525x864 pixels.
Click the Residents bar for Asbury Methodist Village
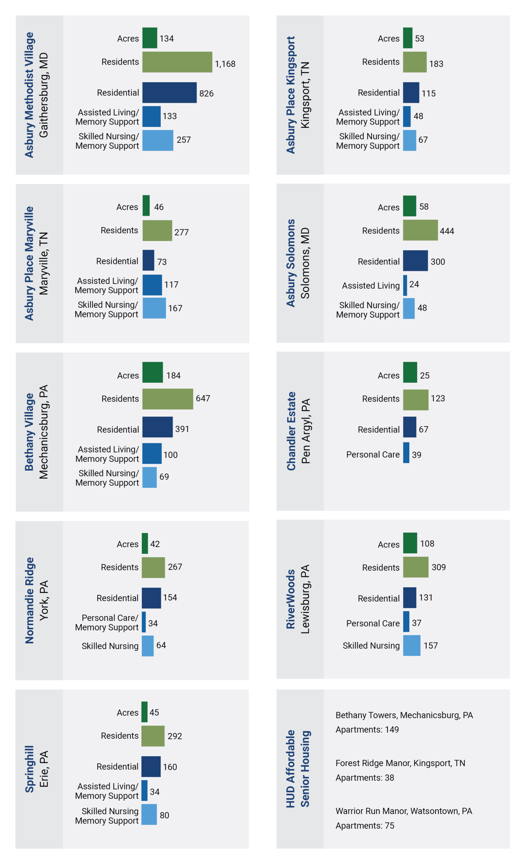point(177,62)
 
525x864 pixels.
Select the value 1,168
point(225,64)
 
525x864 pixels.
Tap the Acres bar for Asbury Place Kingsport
point(407,38)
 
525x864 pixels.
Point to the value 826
point(206,93)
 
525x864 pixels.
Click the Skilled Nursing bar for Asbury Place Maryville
point(154,308)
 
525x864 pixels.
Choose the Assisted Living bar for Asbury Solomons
point(405,285)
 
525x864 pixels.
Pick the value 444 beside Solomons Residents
point(447,231)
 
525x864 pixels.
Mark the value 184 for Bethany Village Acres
point(173,376)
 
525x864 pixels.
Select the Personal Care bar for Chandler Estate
point(406,453)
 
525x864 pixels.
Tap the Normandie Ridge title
point(29,600)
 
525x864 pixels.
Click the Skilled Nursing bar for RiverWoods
point(411,646)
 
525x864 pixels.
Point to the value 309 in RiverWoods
point(438,567)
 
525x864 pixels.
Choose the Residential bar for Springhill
point(151,766)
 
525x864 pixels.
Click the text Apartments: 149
point(367,730)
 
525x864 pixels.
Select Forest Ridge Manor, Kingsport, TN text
point(400,763)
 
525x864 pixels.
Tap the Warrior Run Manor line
point(404,811)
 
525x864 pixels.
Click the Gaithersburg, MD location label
point(44,95)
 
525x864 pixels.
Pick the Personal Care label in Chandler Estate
point(373,455)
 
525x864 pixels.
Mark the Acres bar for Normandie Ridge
point(145,543)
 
